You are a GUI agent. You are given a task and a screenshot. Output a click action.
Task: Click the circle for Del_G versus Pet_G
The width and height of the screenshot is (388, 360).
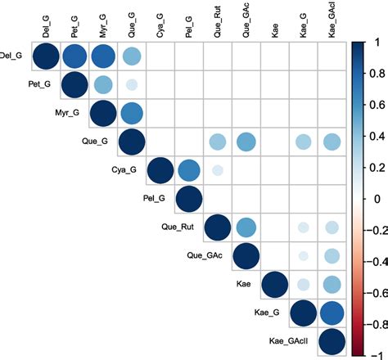tap(74, 56)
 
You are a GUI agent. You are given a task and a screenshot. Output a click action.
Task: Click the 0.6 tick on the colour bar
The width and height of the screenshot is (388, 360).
tap(373, 105)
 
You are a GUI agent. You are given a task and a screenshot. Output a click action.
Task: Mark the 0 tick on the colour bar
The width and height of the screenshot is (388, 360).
tap(373, 199)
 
